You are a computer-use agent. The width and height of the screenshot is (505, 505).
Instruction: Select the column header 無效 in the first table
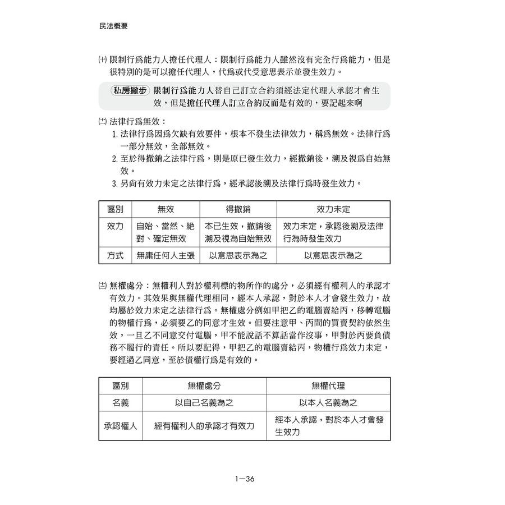tap(166, 209)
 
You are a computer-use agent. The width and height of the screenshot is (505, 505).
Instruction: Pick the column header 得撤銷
tap(238, 209)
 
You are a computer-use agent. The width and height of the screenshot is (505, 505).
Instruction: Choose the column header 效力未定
tap(333, 209)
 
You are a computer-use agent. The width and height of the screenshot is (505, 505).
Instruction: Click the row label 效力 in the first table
tap(115, 232)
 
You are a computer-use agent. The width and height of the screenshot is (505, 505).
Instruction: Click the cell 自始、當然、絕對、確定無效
tap(166, 232)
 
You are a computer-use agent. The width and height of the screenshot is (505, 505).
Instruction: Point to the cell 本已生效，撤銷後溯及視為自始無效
tap(238, 232)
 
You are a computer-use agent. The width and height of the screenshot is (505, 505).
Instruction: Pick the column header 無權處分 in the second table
tap(204, 386)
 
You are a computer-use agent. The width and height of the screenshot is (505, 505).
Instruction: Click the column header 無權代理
tap(328, 386)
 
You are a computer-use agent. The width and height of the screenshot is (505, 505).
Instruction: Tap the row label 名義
tap(121, 403)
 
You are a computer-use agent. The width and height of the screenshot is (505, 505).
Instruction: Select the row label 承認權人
tap(121, 426)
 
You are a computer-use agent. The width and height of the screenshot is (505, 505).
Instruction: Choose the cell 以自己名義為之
tap(204, 403)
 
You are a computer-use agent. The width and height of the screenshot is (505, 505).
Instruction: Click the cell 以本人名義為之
tap(328, 403)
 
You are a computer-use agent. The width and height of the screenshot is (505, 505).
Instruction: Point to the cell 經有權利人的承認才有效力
tap(204, 426)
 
